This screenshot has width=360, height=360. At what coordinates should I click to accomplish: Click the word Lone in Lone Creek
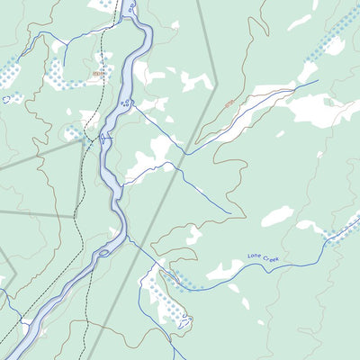click(x=255, y=258)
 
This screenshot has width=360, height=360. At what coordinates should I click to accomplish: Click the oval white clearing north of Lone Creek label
click(x=277, y=216)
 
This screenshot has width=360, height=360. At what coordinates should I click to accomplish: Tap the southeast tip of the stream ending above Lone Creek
click(x=230, y=213)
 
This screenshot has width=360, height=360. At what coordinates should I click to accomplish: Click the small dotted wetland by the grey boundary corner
click(x=74, y=133)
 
